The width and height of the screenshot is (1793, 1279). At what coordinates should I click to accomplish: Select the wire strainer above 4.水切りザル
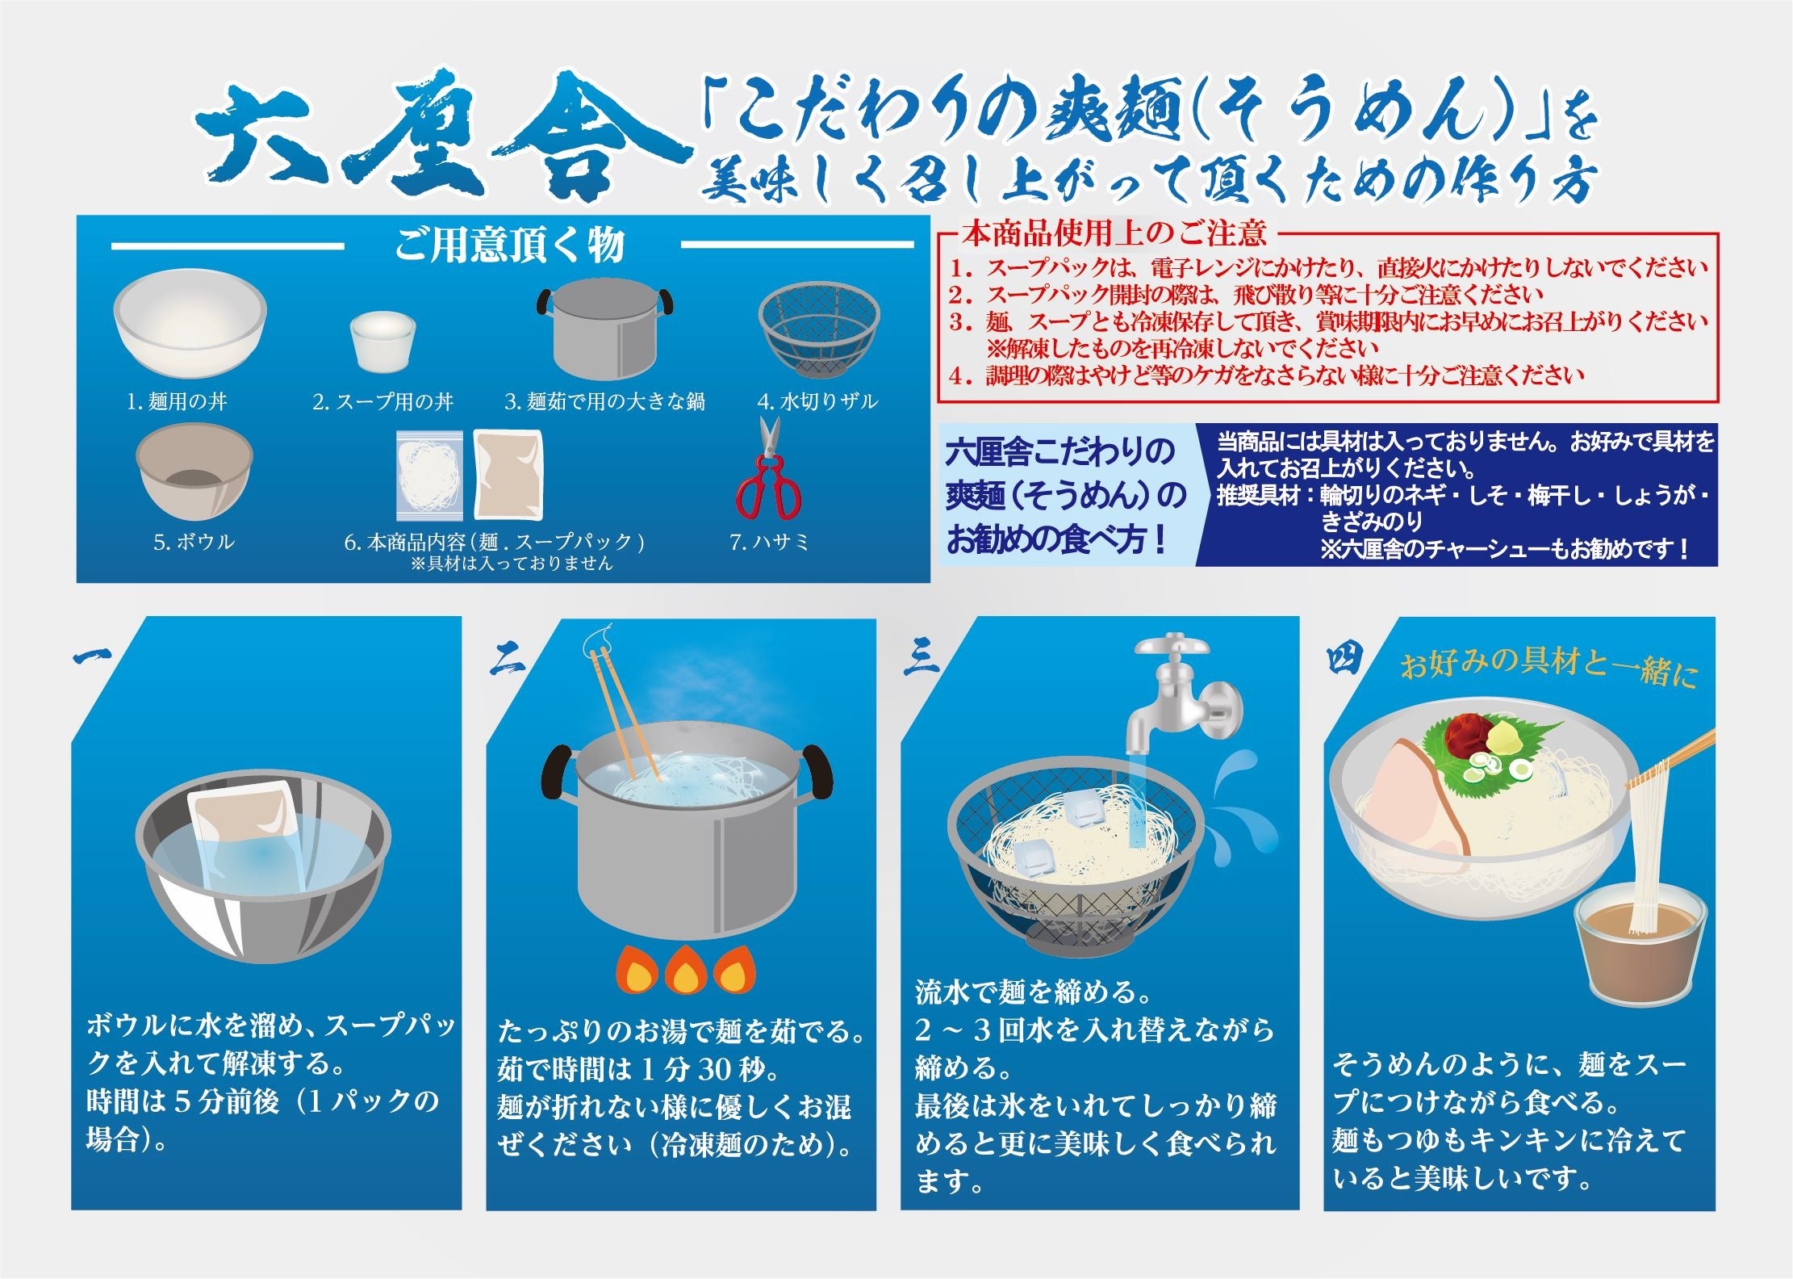point(818,332)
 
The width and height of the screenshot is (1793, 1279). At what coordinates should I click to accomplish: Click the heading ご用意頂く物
point(510,245)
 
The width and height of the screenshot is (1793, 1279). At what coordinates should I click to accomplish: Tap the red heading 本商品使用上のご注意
point(1114,234)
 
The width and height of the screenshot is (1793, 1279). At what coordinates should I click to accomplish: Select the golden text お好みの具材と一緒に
point(1548,669)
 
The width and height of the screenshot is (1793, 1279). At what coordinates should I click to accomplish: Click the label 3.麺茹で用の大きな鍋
point(604,401)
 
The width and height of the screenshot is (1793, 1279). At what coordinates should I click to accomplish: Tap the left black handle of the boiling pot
point(558,772)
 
